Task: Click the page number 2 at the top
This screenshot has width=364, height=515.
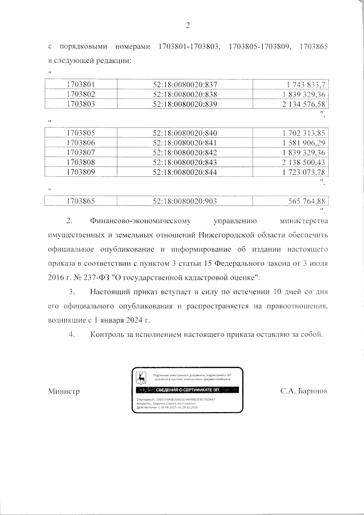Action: (x=187, y=26)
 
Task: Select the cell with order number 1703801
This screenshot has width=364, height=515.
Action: (x=81, y=85)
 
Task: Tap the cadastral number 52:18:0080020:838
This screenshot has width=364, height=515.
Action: (x=185, y=94)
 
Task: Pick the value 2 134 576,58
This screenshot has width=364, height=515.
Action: (x=303, y=104)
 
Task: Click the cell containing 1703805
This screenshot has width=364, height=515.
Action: (x=81, y=133)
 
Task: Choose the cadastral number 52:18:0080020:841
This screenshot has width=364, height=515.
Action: (x=185, y=143)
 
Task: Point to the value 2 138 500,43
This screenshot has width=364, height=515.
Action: (x=303, y=162)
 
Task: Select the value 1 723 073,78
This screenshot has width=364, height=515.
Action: (x=303, y=172)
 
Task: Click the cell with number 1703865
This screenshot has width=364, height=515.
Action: (x=81, y=201)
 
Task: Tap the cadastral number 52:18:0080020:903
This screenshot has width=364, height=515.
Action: (x=185, y=201)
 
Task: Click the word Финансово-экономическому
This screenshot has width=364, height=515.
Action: (x=140, y=221)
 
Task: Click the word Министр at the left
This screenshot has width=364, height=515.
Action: (x=64, y=392)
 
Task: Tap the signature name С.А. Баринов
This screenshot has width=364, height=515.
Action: (x=304, y=391)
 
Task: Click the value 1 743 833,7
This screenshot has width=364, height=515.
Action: (x=305, y=85)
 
